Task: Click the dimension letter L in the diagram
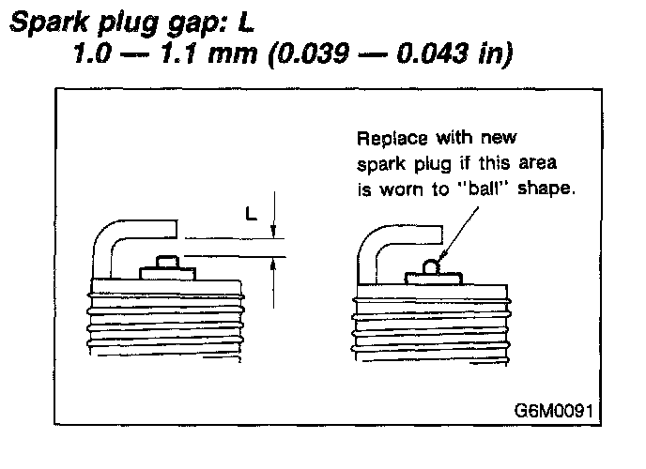pos(251,213)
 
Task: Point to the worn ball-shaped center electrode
pos(432,267)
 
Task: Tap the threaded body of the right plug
pos(432,328)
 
